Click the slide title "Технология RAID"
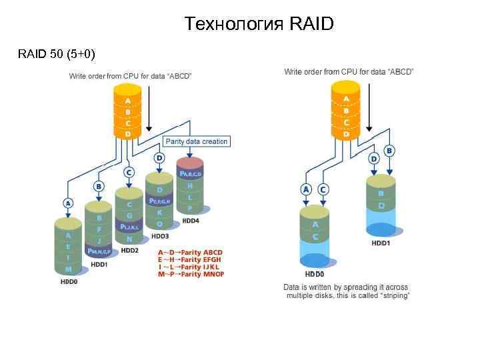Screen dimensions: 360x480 coord(259,25)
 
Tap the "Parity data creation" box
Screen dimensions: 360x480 coord(197,141)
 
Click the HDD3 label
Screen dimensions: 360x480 coord(161,235)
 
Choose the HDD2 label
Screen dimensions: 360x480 coord(129,250)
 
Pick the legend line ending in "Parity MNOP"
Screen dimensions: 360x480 coord(191,274)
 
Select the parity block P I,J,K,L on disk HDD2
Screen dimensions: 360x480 coord(129,227)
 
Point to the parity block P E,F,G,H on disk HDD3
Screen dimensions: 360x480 coord(160,201)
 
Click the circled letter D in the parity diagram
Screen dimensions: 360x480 coord(159,158)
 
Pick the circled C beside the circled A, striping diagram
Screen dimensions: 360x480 coord(323,189)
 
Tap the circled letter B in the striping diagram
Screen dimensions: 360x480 coord(389,151)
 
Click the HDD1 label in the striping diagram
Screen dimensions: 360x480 coord(381,243)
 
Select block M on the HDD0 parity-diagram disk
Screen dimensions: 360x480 coord(68,269)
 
